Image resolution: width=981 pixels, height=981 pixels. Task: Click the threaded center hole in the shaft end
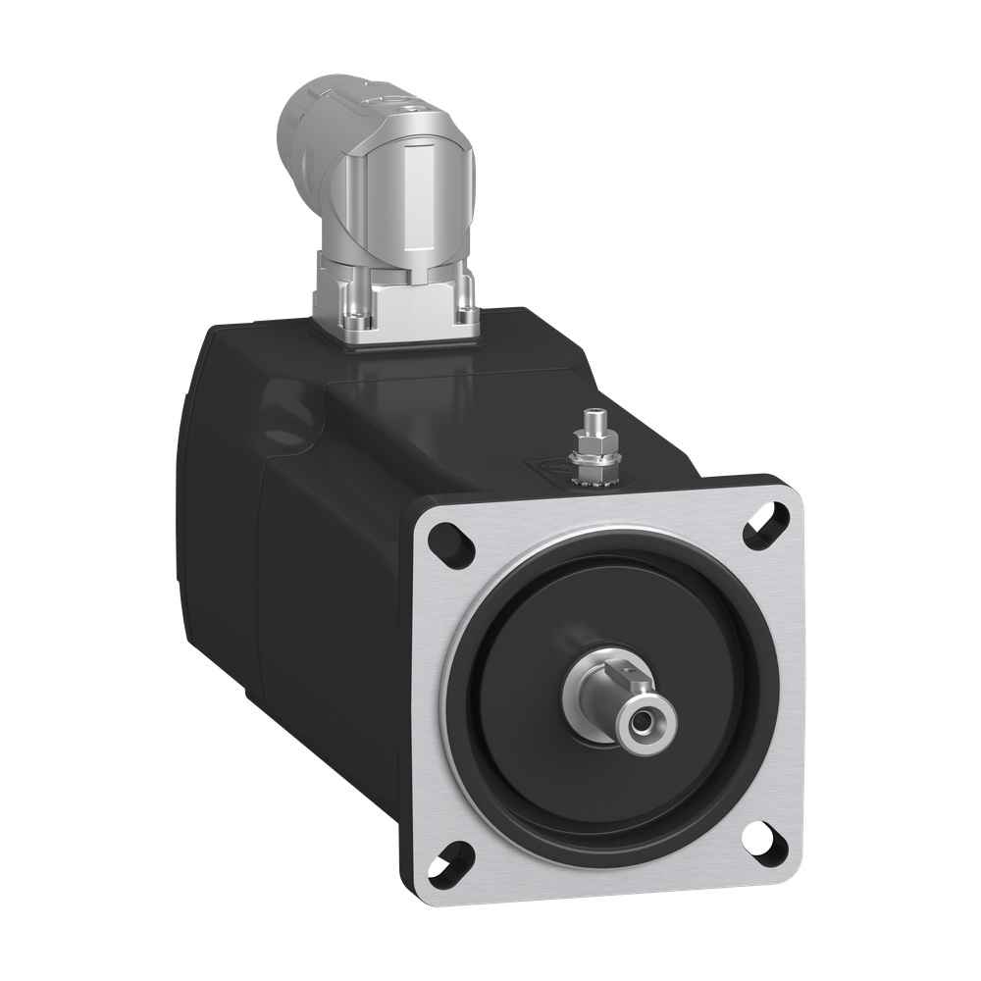(x=642, y=724)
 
